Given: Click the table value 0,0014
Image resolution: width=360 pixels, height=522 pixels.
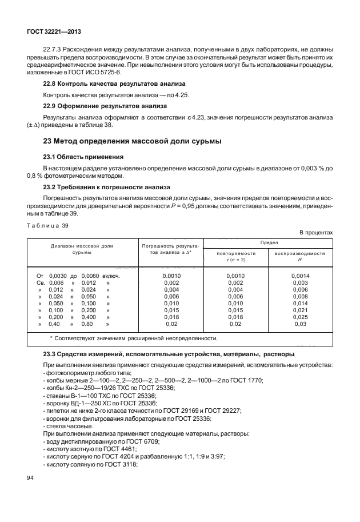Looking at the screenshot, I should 300,275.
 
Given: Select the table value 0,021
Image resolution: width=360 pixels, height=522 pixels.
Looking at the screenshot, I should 300,309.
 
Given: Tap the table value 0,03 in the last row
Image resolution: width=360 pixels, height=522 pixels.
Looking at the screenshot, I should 300,324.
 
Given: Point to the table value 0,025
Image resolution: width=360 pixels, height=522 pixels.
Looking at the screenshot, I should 300,317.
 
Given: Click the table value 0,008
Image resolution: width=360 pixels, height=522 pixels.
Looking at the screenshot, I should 300,296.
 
